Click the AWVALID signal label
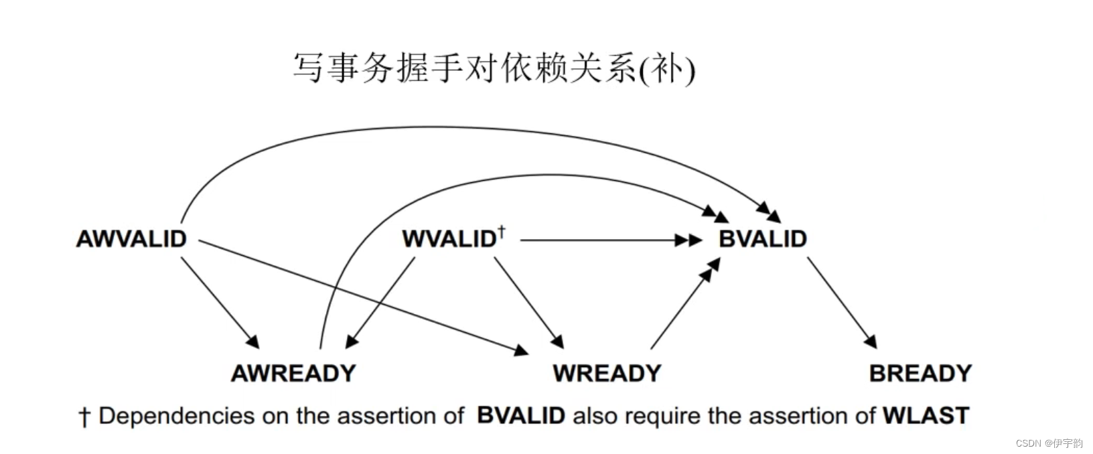coord(131,239)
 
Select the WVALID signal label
coord(448,239)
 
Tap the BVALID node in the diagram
coord(762,239)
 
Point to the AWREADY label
coord(293,373)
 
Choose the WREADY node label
coord(607,373)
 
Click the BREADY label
coord(920,373)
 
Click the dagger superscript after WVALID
coord(502,232)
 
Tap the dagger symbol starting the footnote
coord(84,417)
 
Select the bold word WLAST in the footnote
coord(926,416)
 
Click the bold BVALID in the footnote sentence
coord(521,416)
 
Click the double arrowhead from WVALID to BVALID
coord(688,240)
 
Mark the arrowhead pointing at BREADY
coord(871,342)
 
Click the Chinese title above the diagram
coord(494,68)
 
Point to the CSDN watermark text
coord(1049,443)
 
